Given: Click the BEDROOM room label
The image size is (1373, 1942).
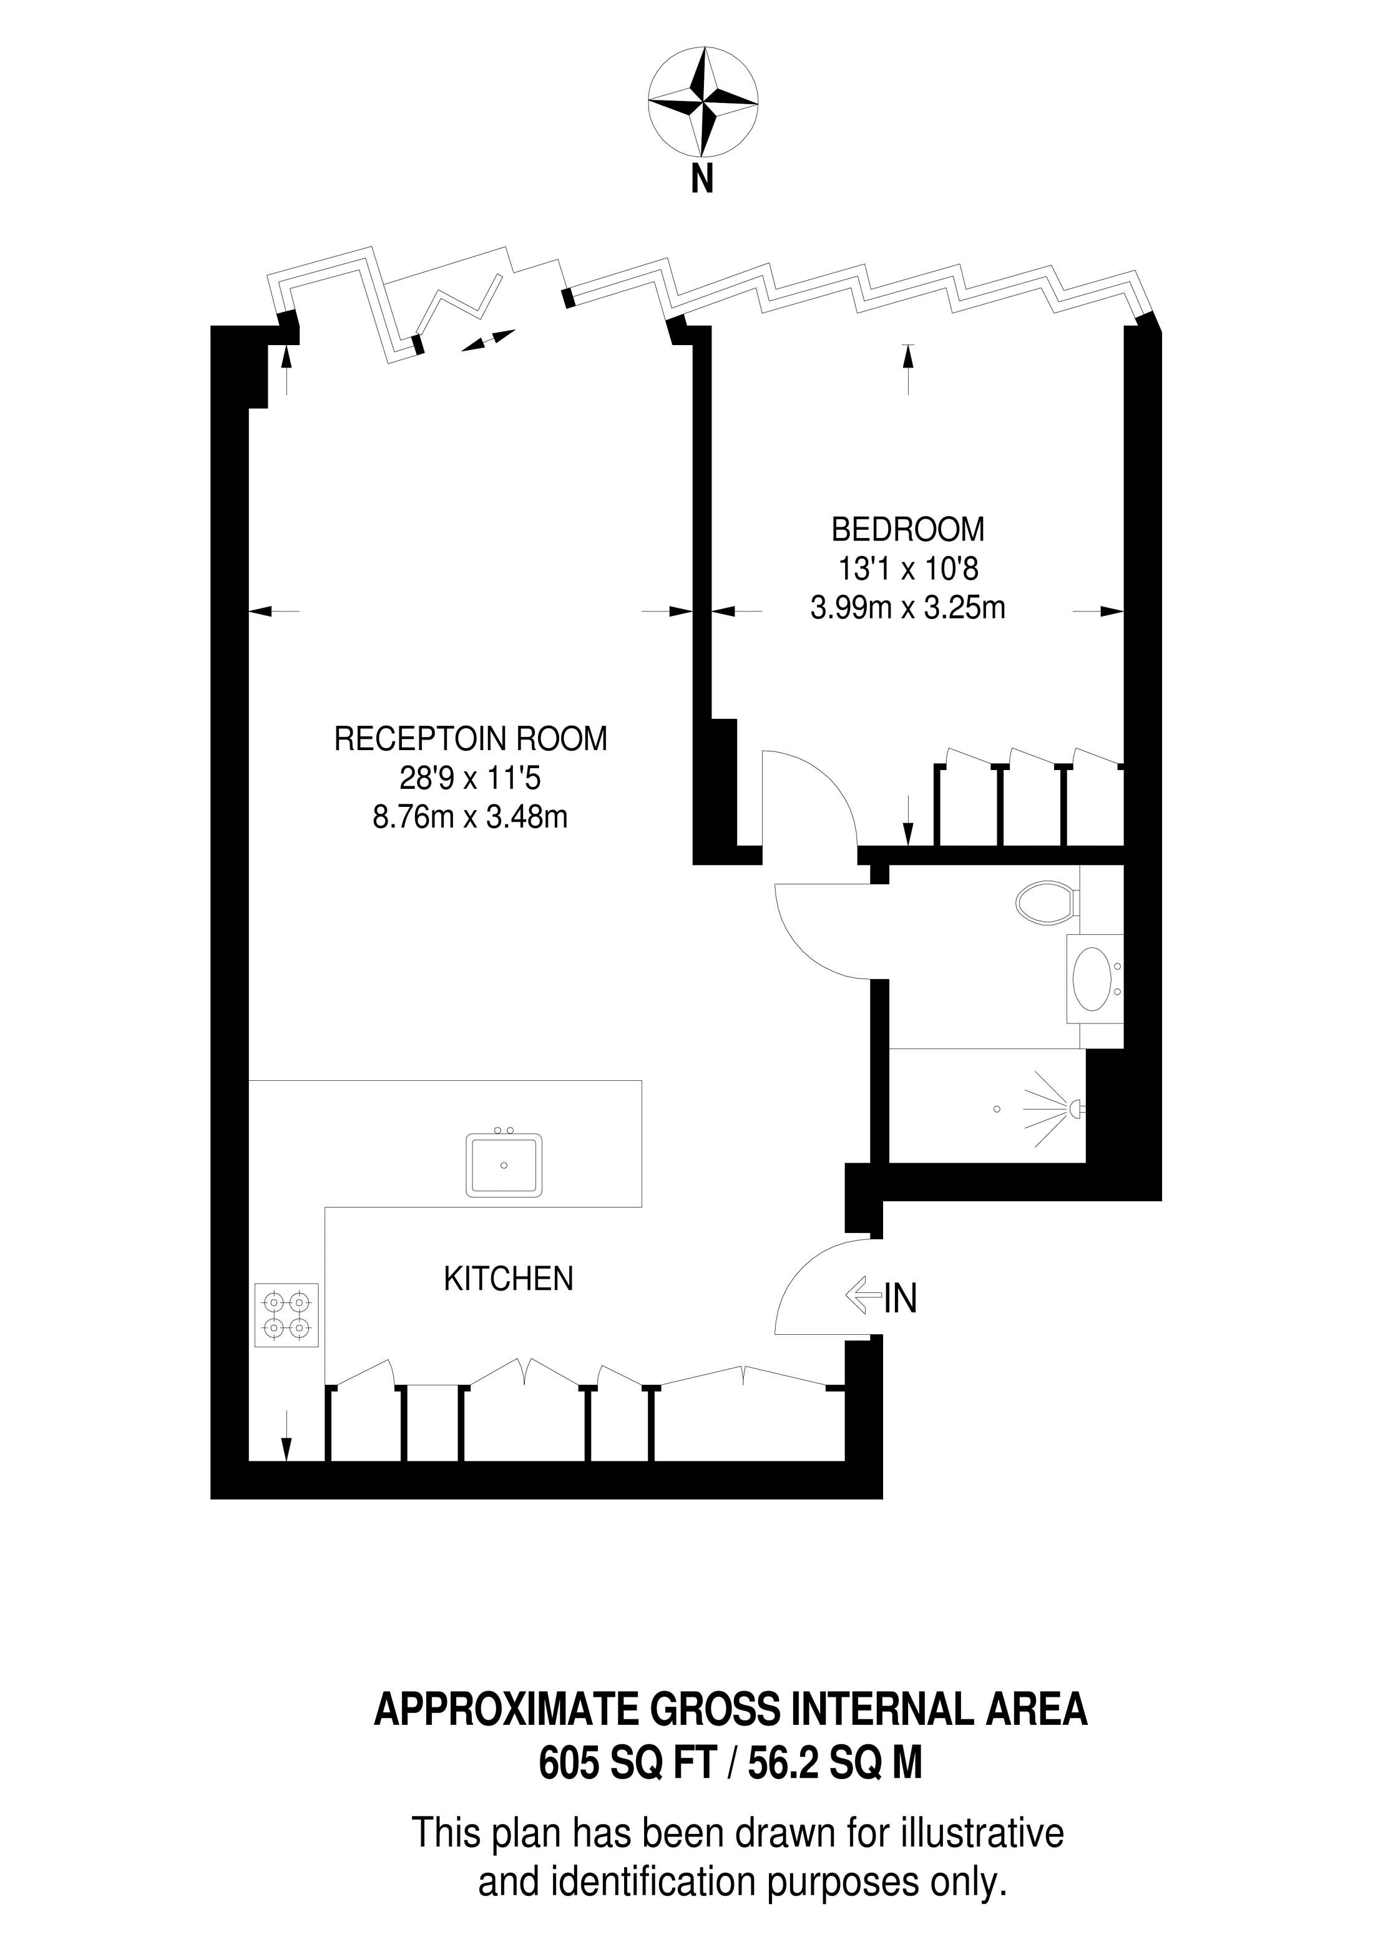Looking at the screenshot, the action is pos(907,529).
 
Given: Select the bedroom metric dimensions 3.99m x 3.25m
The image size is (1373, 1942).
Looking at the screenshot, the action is pos(907,607).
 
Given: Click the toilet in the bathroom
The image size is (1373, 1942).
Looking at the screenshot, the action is pos(1047,902).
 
